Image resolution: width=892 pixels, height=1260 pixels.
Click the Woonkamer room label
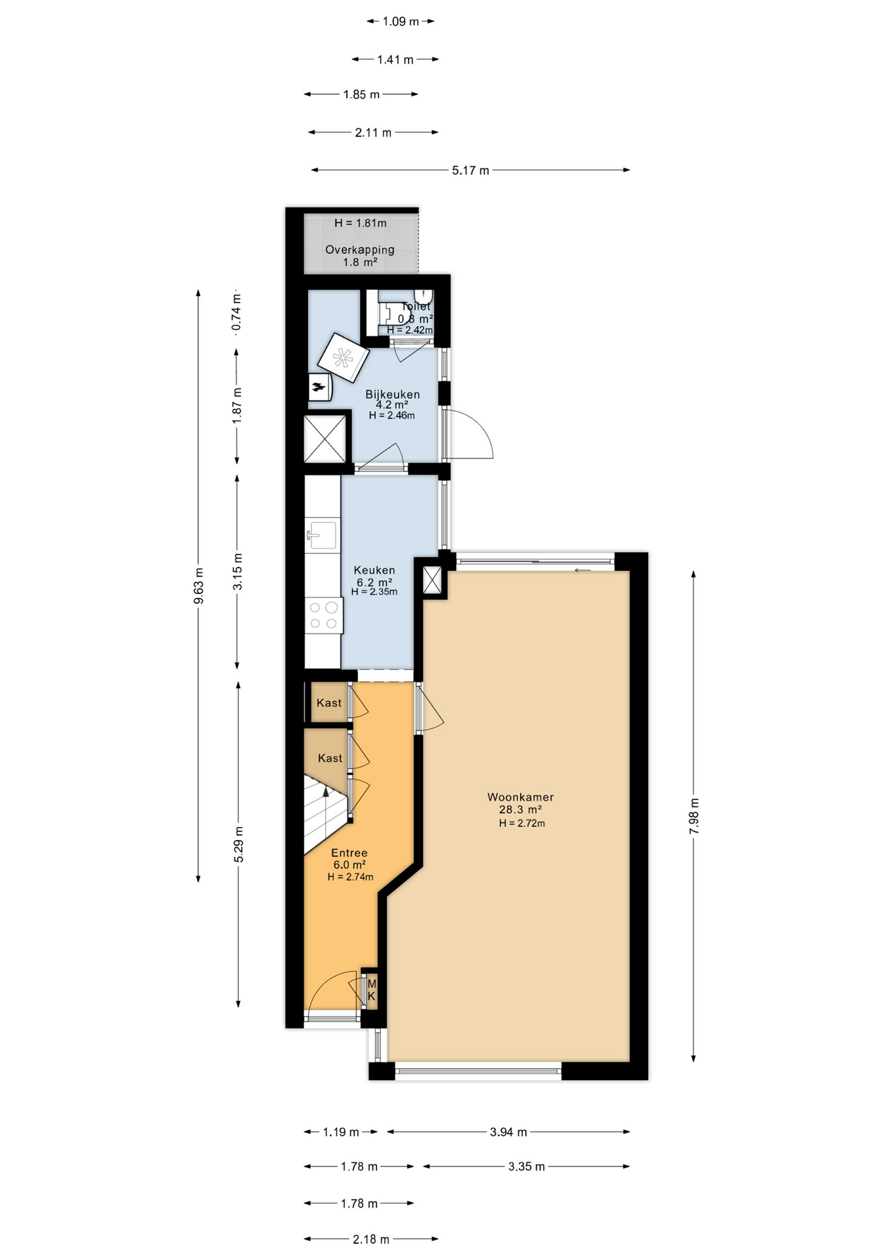(520, 797)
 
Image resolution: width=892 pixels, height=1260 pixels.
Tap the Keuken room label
(374, 570)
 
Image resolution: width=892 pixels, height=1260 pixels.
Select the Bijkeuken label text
(393, 394)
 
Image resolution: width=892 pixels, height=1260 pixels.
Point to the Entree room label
(349, 853)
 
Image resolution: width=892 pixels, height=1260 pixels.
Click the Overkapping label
(360, 249)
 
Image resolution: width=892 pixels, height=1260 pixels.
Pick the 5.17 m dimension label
(470, 171)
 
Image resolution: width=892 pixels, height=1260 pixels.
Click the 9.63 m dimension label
(199, 586)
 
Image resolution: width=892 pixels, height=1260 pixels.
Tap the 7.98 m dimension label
(694, 816)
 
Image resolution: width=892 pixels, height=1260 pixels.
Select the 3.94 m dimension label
(508, 1132)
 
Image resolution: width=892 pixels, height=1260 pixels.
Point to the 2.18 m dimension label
(371, 1240)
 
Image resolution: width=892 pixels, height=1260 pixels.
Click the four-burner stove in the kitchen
(324, 616)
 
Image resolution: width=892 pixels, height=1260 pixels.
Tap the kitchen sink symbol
(322, 534)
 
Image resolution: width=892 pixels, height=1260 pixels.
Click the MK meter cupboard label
(372, 990)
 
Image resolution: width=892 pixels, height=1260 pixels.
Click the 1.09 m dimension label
(401, 22)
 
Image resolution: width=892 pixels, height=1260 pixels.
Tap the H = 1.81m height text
(361, 223)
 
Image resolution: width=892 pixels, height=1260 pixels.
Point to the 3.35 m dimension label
(526, 1167)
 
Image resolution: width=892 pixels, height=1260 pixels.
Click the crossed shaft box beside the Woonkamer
(432, 580)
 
